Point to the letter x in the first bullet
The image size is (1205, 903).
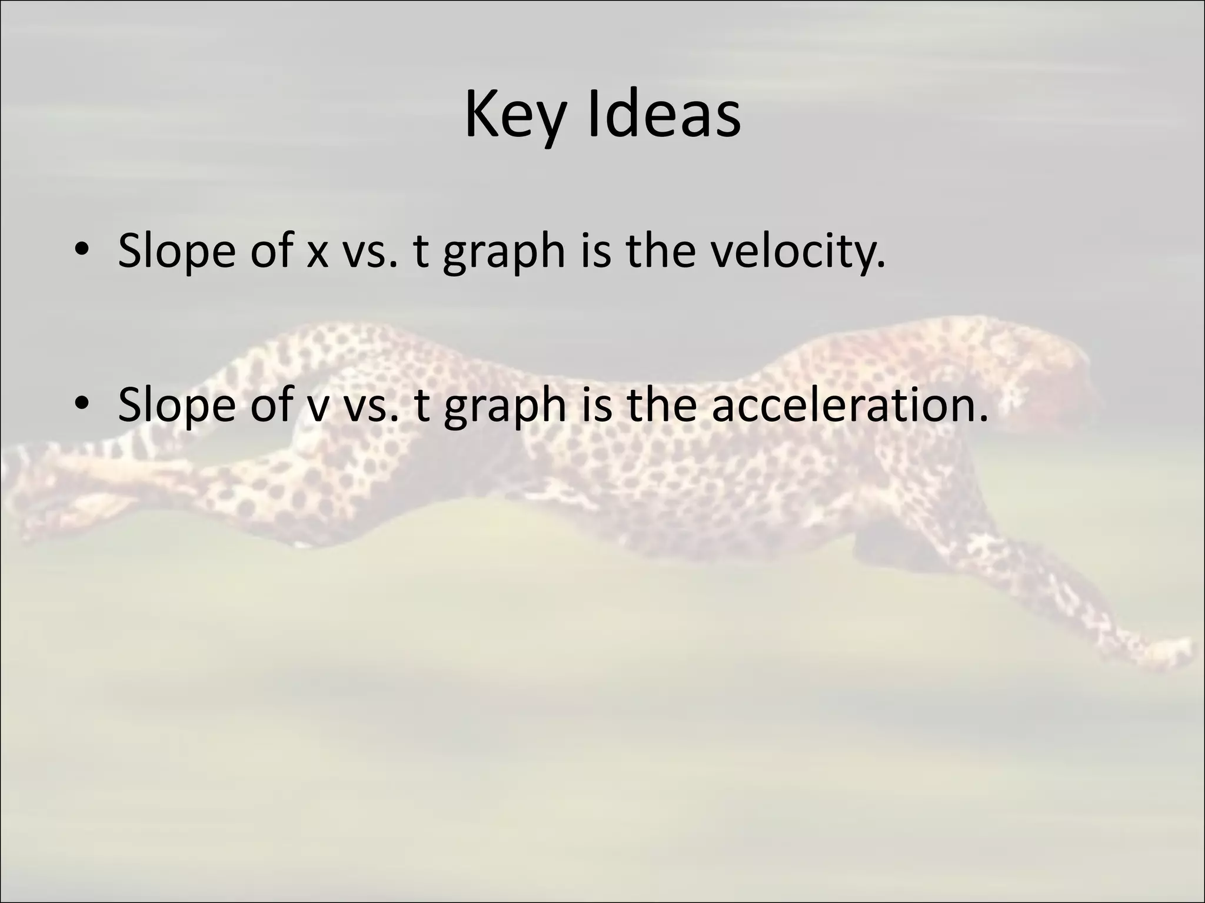coord(317,254)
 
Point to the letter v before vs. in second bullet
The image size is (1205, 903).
coord(318,408)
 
